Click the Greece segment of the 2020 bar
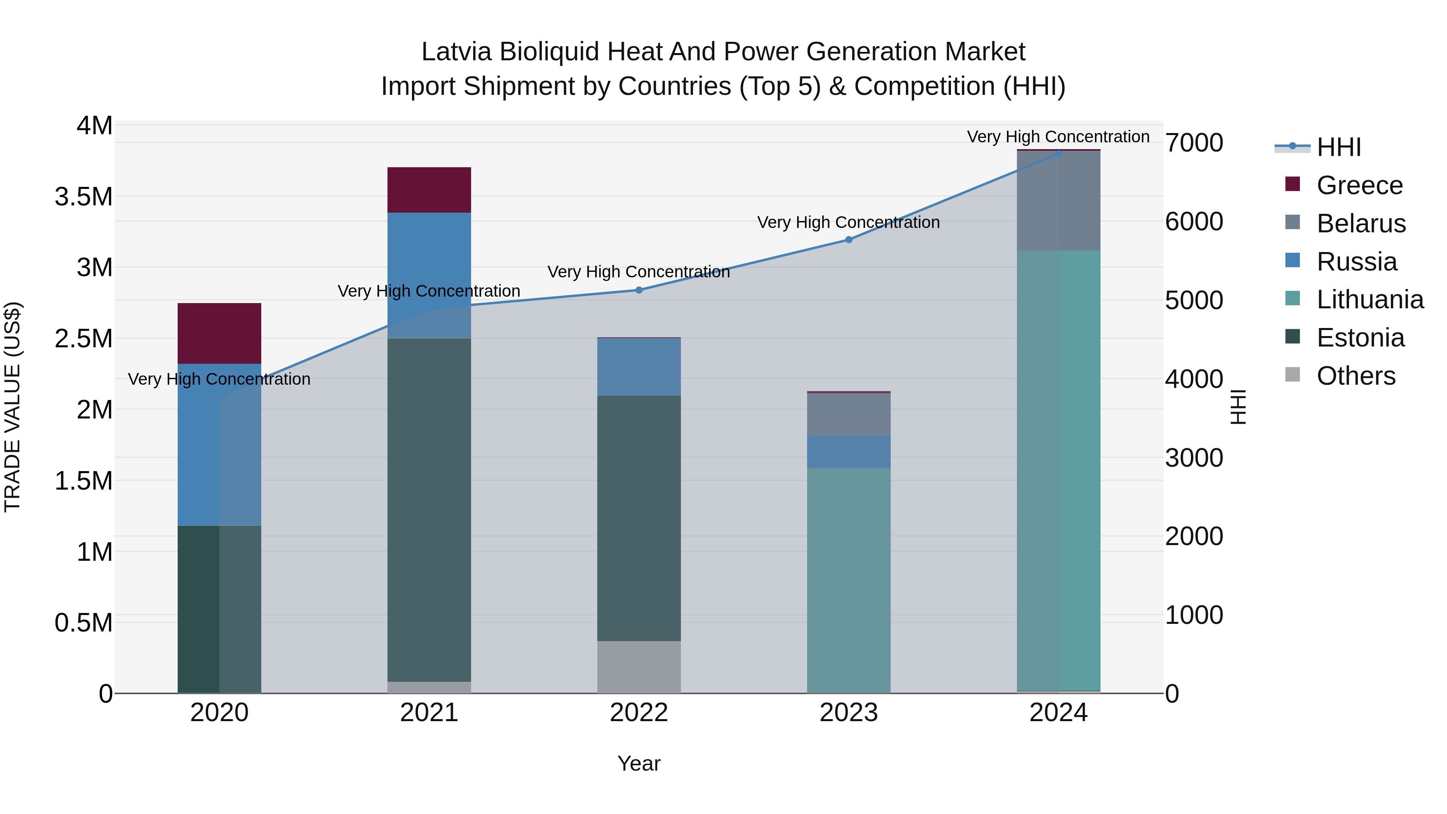click(x=219, y=333)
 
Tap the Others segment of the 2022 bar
click(x=639, y=667)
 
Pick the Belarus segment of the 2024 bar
click(x=1058, y=201)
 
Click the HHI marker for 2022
click(x=639, y=290)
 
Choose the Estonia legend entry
click(x=1360, y=338)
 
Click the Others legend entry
click(x=1355, y=376)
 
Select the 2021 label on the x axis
click(x=429, y=712)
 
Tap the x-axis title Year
click(x=639, y=763)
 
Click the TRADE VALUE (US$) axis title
click(x=13, y=407)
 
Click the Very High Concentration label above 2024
click(x=1058, y=137)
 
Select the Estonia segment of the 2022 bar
click(x=639, y=518)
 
